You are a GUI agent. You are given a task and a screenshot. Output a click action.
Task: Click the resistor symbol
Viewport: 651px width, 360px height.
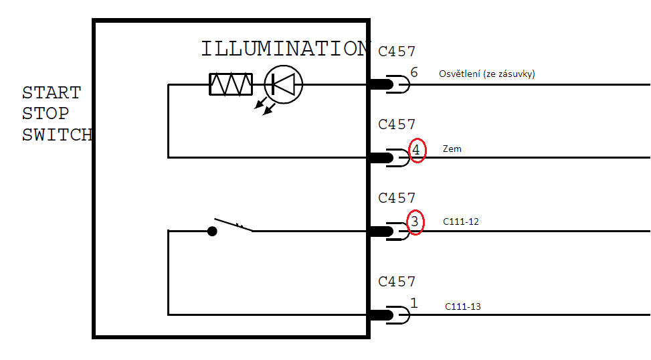(x=231, y=84)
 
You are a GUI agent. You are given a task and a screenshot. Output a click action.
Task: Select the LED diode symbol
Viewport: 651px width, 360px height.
(x=284, y=84)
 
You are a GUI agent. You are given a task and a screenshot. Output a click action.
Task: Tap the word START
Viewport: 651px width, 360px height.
(x=52, y=93)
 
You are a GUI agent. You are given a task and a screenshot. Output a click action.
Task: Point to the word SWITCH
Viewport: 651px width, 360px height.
(x=57, y=134)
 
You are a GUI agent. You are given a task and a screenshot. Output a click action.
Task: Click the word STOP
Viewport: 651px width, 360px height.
(x=45, y=114)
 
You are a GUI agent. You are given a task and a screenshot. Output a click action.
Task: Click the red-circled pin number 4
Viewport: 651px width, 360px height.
(x=416, y=151)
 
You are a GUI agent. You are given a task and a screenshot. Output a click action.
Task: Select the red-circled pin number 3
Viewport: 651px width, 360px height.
(x=415, y=221)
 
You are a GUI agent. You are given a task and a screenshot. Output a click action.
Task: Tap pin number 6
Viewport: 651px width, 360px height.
(x=414, y=72)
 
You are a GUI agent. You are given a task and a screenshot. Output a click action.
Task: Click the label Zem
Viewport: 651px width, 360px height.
(x=452, y=149)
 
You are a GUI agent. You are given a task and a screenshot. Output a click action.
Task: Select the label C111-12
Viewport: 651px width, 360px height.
(x=461, y=221)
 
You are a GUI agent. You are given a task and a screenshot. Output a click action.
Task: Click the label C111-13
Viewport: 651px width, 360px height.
(x=463, y=307)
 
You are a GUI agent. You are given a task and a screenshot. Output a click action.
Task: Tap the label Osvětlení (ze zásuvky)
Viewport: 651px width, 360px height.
(x=486, y=74)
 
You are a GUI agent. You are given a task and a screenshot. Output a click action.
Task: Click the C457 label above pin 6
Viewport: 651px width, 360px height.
(x=397, y=52)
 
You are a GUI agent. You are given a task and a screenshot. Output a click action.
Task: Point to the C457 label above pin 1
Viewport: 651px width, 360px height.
(x=397, y=282)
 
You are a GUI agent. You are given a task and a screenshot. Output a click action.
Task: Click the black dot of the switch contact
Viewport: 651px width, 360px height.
(x=212, y=232)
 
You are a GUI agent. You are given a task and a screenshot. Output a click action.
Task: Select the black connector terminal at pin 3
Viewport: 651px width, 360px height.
(x=381, y=232)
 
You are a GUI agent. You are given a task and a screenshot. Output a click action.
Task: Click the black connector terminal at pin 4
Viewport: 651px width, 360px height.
(x=381, y=158)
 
